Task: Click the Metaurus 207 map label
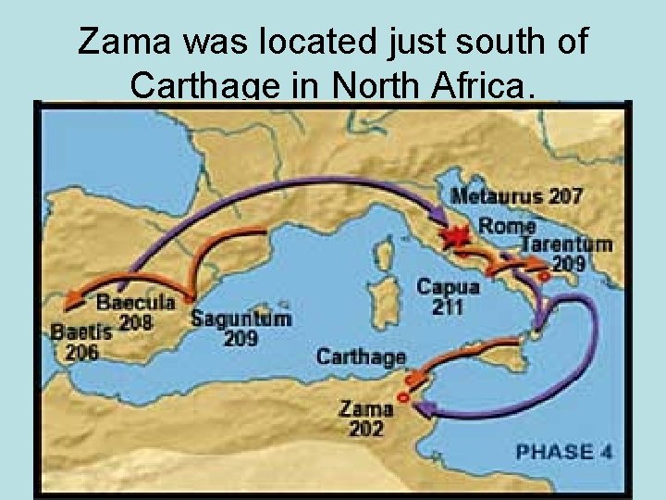[x=517, y=196]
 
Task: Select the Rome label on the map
[x=507, y=225]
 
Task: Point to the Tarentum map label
[x=566, y=244]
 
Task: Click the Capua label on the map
[x=448, y=287]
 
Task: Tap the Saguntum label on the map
[x=240, y=318]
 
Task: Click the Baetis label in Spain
[x=81, y=331]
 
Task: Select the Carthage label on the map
[x=361, y=356]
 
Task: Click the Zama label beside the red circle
[x=365, y=407]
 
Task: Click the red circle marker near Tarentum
[x=546, y=274]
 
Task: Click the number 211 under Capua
[x=448, y=307]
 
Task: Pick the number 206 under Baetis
[x=80, y=352]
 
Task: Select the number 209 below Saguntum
[x=240, y=339]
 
